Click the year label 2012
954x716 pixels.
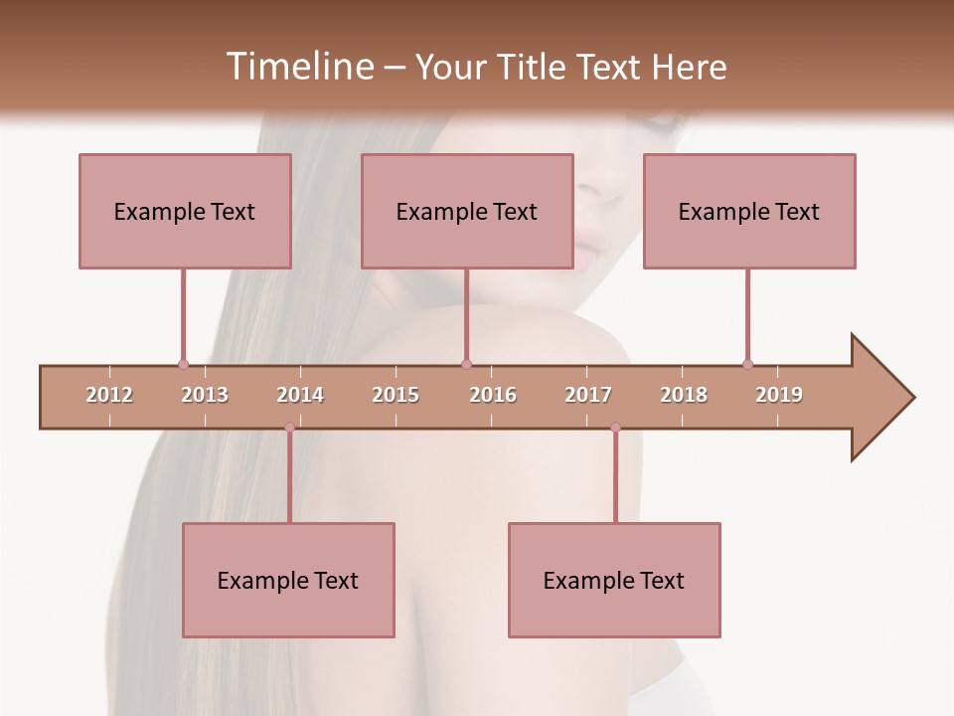pos(109,395)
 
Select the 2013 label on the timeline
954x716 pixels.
pos(205,395)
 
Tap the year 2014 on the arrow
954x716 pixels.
pos(300,395)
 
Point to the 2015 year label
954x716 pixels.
pos(396,395)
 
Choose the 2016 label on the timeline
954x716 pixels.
pos(493,395)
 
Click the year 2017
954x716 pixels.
pos(588,395)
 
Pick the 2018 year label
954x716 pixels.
pos(684,395)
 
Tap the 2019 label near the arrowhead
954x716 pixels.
pos(779,395)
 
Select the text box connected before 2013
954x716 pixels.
pos(185,211)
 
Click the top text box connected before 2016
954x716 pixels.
pos(467,211)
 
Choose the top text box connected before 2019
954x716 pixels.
pos(749,211)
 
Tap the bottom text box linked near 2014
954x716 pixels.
pos(288,580)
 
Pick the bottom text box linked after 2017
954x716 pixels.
pos(614,580)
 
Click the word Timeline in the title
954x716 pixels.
pos(298,67)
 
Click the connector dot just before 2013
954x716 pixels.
pos(183,365)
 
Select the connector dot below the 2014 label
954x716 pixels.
pos(289,428)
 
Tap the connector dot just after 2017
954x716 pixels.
pos(615,428)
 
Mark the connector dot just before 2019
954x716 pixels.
pos(747,365)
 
